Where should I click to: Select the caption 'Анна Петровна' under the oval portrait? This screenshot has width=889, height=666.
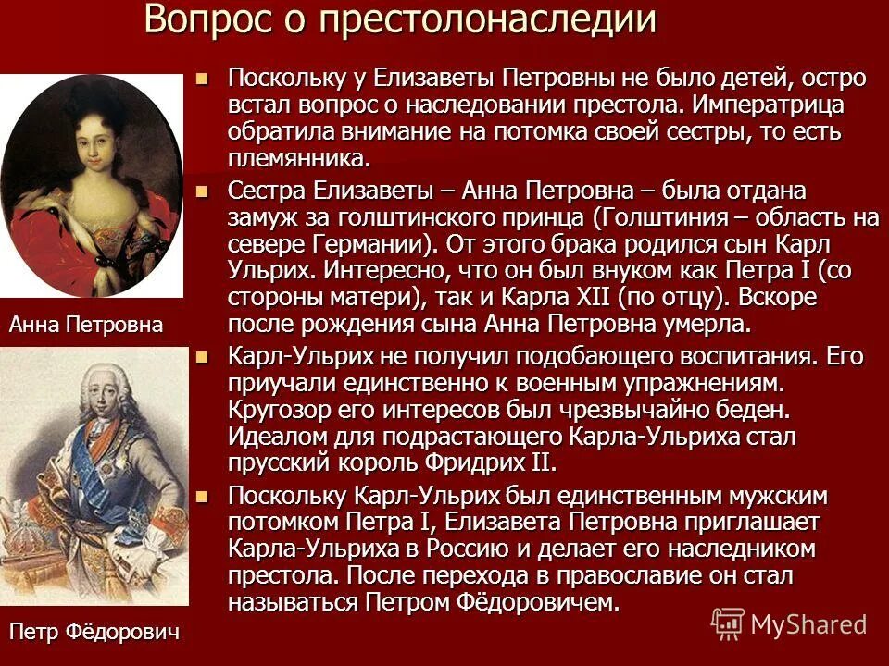pyautogui.click(x=85, y=325)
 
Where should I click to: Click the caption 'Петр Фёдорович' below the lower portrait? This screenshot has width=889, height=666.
pyautogui.click(x=94, y=632)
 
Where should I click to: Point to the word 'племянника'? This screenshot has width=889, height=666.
pyautogui.click(x=298, y=158)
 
